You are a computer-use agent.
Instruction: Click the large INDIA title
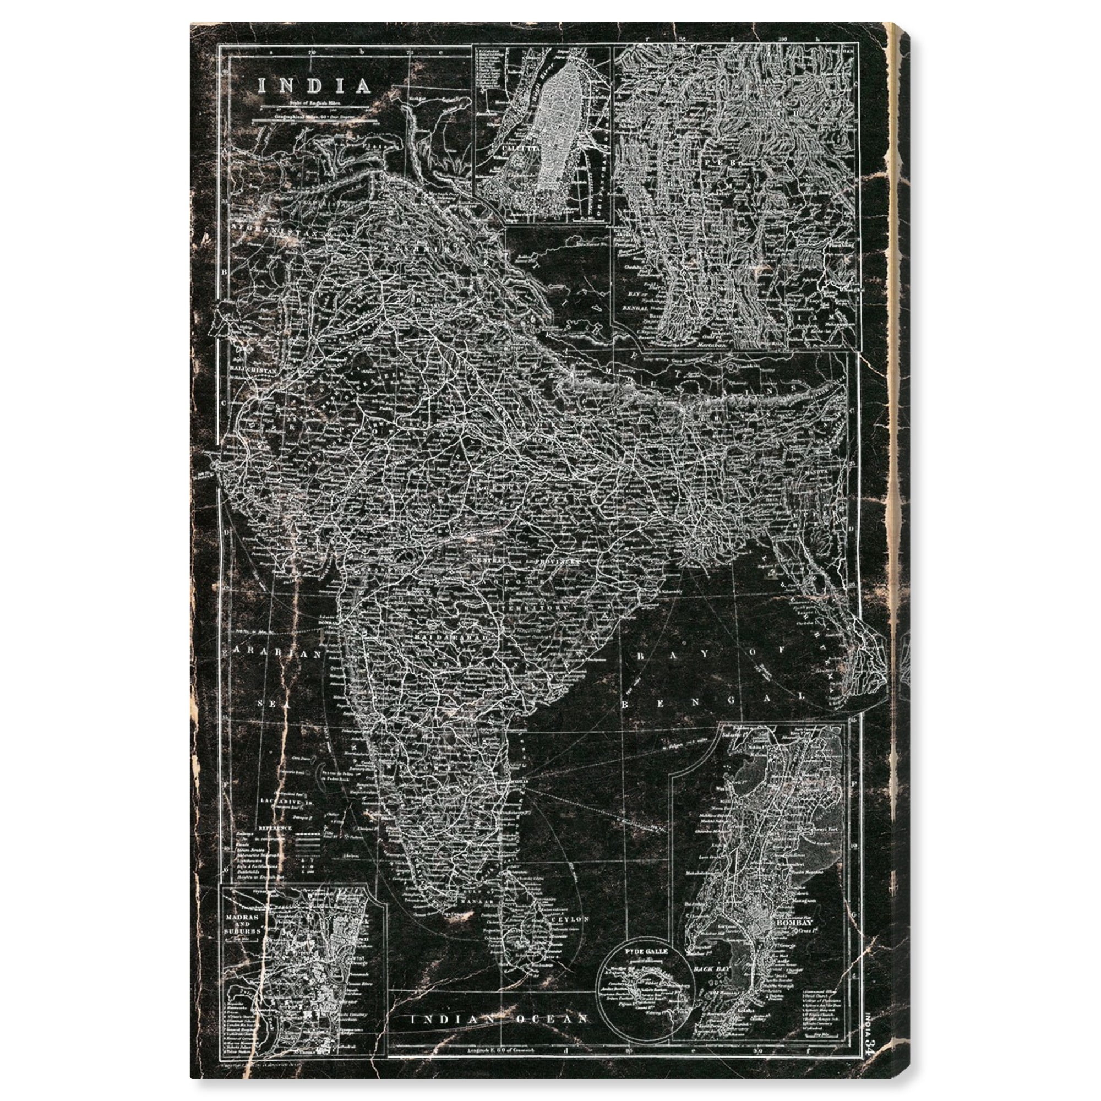tap(314, 86)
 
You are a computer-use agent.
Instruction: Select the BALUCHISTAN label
tap(253, 369)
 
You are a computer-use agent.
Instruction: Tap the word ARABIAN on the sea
tap(275, 653)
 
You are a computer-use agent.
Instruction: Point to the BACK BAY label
tap(708, 968)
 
